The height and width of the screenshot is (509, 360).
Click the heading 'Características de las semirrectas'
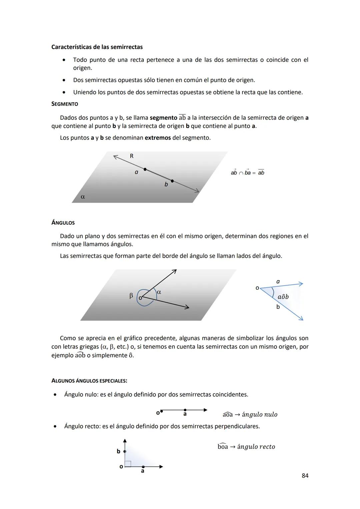coord(97,47)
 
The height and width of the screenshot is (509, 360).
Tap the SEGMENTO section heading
coord(65,104)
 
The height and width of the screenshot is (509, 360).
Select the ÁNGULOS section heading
coord(63,223)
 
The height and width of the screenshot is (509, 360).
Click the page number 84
coord(305,476)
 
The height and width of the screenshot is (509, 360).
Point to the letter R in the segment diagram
coord(132,156)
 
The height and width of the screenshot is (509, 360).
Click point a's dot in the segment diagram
coord(145,169)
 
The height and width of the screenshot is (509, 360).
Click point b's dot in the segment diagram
coord(172,181)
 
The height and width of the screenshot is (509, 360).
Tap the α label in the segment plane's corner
coord(83,197)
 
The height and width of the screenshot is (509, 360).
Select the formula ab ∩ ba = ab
coord(247,173)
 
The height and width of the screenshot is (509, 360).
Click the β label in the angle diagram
coord(131,296)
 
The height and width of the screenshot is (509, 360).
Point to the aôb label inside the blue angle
coord(283,297)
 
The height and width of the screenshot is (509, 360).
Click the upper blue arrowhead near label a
coord(301,284)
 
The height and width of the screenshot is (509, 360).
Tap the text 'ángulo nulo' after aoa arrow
coord(259,415)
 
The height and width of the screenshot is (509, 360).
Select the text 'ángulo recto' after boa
coord(256,447)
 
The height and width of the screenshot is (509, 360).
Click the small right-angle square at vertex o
coord(128,464)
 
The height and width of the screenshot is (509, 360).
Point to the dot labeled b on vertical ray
coord(125,451)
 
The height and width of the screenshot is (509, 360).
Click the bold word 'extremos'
coord(158,138)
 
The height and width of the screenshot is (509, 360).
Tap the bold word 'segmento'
coord(163,118)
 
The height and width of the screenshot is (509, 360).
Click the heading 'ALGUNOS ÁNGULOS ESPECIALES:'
coord(89,381)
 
